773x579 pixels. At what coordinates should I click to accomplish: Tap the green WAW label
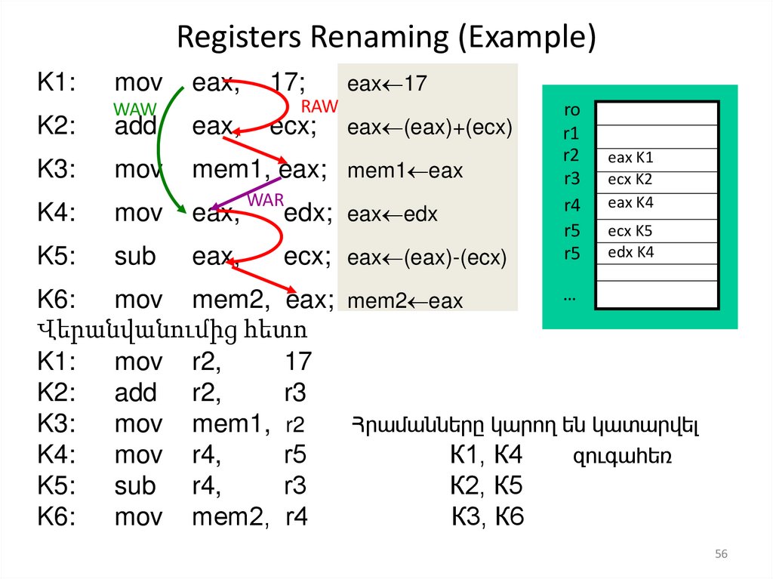pos(134,109)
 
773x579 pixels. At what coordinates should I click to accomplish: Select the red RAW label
pos(319,106)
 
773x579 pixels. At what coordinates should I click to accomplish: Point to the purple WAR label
pos(265,200)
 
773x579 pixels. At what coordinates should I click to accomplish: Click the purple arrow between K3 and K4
pos(245,192)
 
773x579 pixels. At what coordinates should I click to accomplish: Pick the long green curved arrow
pos(161,151)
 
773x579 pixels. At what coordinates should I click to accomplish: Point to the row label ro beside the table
pos(571,110)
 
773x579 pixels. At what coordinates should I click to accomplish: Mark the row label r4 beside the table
pos(571,205)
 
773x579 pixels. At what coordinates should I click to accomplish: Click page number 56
pos(721,555)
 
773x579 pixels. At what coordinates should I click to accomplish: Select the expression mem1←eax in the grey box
pos(405,171)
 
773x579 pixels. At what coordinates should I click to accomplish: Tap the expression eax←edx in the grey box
pos(393,215)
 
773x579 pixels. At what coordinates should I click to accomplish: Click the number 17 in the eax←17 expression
pos(415,84)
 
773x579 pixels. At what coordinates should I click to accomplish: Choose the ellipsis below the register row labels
pos(568,297)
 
